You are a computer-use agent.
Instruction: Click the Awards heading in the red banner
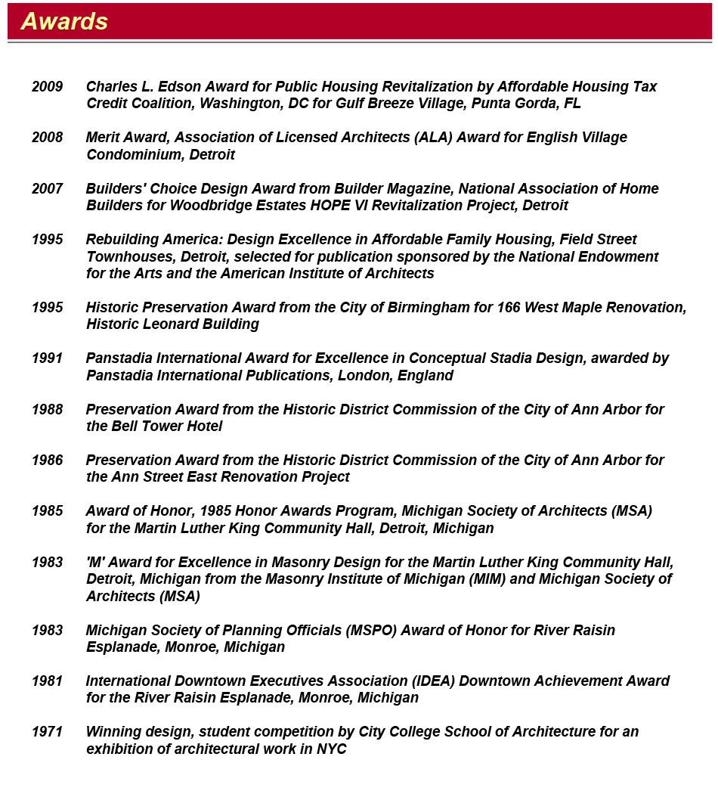point(64,21)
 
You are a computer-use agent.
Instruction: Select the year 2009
point(47,87)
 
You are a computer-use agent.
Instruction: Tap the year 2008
point(47,138)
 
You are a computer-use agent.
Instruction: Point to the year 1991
point(47,358)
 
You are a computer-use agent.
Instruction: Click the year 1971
point(47,732)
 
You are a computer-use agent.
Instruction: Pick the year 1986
point(47,460)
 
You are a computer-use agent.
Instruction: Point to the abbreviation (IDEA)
point(430,681)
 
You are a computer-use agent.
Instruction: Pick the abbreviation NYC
point(331,749)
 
